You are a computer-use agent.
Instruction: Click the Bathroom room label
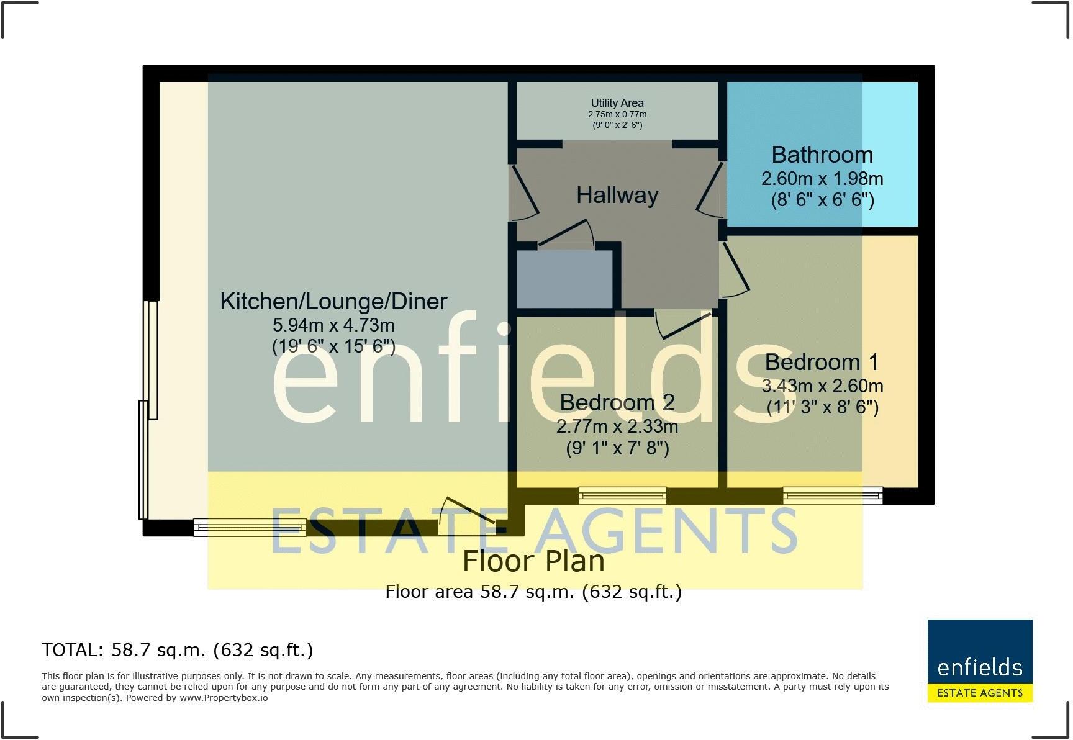(822, 155)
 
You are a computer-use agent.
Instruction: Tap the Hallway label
(617, 196)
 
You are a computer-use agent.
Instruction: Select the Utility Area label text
(617, 103)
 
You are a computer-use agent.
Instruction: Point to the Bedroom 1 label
(822, 362)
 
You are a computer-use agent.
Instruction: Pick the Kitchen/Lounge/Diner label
(333, 302)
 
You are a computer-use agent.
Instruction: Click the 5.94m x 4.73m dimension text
(333, 325)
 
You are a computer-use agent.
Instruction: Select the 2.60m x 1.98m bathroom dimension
(822, 179)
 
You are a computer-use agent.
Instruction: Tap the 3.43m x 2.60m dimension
(822, 386)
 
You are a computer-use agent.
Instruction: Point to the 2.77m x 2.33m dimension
(617, 427)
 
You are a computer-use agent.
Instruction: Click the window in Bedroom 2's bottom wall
(622, 495)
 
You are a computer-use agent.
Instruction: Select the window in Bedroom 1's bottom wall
(832, 495)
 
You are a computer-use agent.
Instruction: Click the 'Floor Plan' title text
(533, 561)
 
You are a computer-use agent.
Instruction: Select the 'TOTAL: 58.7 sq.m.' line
(178, 650)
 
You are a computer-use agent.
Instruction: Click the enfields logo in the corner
(980, 661)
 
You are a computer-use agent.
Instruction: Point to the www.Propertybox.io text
(224, 698)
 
